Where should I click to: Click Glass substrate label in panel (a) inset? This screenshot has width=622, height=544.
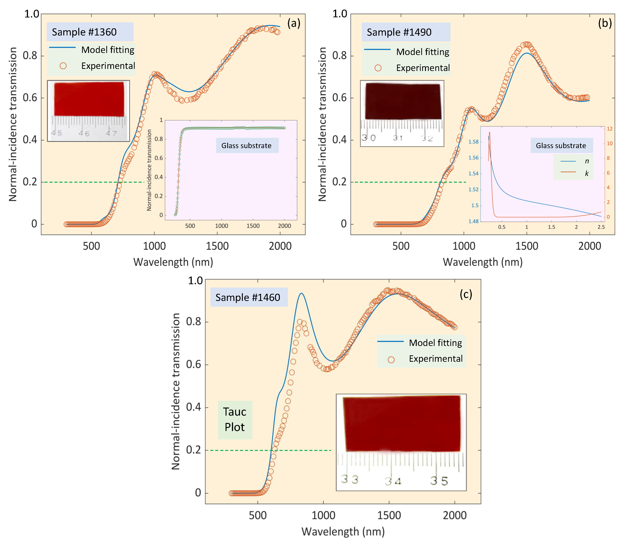tap(247, 145)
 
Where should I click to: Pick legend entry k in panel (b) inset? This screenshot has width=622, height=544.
tap(587, 173)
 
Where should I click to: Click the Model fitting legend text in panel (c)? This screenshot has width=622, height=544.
tap(435, 343)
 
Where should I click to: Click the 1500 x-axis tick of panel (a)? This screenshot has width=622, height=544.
tap(217, 246)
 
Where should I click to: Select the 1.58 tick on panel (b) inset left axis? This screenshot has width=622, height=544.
tap(473, 142)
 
